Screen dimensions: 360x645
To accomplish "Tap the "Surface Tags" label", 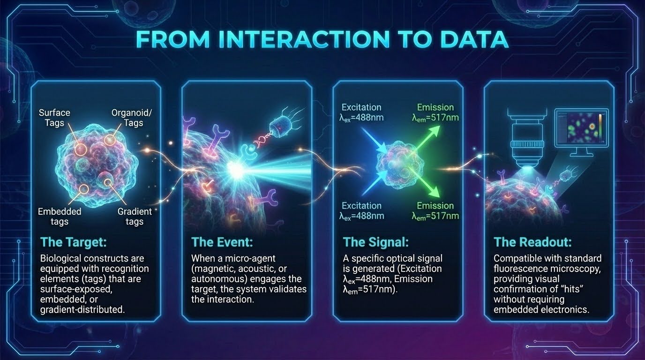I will pos(54,118).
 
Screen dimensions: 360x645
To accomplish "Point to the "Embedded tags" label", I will pos(60,217).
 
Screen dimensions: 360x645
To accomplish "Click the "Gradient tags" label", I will pos(135,217).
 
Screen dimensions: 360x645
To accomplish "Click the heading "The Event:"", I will pos(222,242).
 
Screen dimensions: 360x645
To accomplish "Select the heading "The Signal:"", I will pos(376,242).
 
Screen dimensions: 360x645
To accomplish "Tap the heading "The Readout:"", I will pos(532,242).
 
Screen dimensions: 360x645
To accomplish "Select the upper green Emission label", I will pos(435,112).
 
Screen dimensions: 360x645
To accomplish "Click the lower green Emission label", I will pos(435,211).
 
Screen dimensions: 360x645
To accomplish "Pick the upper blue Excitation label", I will pos(361,112).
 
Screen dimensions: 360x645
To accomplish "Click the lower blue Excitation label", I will pos(361,211).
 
